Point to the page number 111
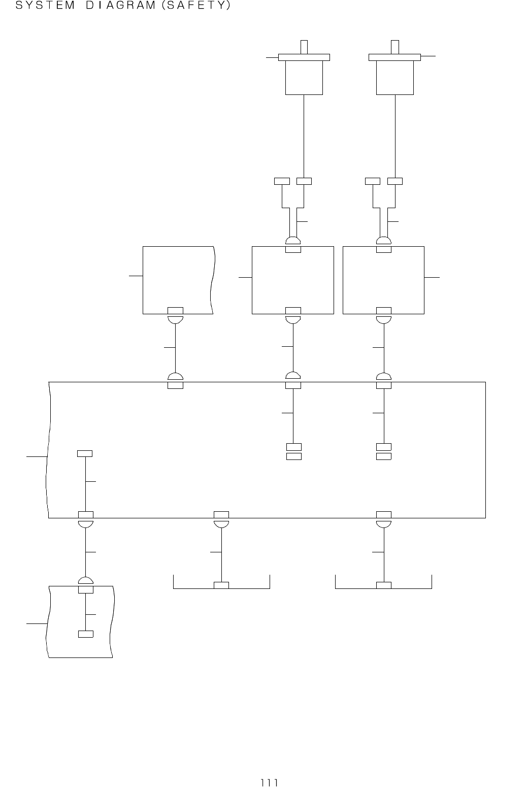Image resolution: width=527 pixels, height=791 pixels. pos(269,782)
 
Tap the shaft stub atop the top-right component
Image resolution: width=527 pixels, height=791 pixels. pos(394,47)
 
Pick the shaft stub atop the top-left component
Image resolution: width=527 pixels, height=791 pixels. pos(304,47)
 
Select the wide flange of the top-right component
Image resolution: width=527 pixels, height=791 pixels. pos(394,57)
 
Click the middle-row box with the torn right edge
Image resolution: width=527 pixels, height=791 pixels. pos(178,279)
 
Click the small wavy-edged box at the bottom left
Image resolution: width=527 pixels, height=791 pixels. pos(80,621)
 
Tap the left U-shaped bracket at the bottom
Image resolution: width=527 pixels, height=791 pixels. pos(221,587)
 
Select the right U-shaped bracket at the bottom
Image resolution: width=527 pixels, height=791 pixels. pos(383,587)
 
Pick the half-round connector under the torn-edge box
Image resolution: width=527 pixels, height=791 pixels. pos(175,320)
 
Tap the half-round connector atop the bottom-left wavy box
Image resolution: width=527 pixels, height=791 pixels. pos(86,581)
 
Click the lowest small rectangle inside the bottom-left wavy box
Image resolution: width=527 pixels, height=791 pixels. pos(86,634)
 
